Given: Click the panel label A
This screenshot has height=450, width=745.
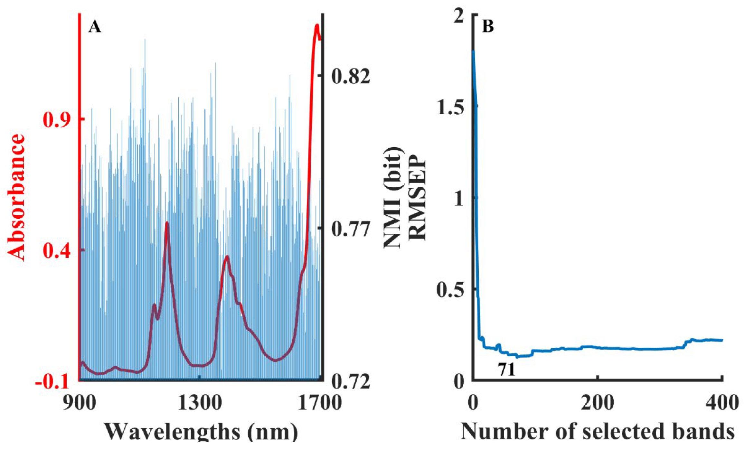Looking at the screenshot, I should (x=95, y=27).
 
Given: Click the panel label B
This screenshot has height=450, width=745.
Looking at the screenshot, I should (x=488, y=26).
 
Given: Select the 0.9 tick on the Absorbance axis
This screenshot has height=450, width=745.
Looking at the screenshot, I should (x=57, y=119).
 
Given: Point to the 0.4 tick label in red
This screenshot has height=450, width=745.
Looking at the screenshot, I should (x=57, y=251).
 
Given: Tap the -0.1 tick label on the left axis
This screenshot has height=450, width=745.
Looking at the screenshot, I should (x=52, y=382).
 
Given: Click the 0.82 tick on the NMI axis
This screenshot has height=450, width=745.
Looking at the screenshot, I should (x=351, y=77).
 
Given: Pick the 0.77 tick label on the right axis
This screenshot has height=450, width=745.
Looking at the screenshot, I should (x=351, y=229).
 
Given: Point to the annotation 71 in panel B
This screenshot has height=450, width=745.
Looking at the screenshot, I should (x=507, y=370).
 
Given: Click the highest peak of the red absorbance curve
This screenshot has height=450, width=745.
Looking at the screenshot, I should (x=317, y=26).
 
